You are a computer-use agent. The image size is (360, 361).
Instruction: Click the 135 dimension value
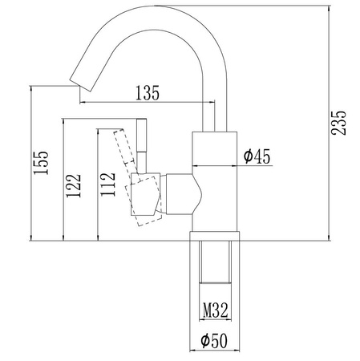pyautogui.click(x=148, y=93)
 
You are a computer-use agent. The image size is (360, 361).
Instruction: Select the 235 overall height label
pyautogui.click(x=338, y=123)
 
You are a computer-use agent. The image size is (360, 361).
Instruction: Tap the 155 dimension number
pyautogui.click(x=41, y=163)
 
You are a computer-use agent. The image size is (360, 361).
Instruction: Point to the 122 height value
pyautogui.click(x=73, y=186)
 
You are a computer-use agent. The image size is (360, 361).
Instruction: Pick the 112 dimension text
pyautogui.click(x=107, y=185)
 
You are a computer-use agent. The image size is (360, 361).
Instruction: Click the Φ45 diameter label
pyautogui.click(x=257, y=156)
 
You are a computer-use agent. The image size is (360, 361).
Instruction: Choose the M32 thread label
pyautogui.click(x=215, y=310)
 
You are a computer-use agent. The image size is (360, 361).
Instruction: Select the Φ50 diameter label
pyautogui.click(x=214, y=340)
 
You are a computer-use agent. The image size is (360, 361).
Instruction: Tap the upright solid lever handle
pyautogui.click(x=142, y=146)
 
